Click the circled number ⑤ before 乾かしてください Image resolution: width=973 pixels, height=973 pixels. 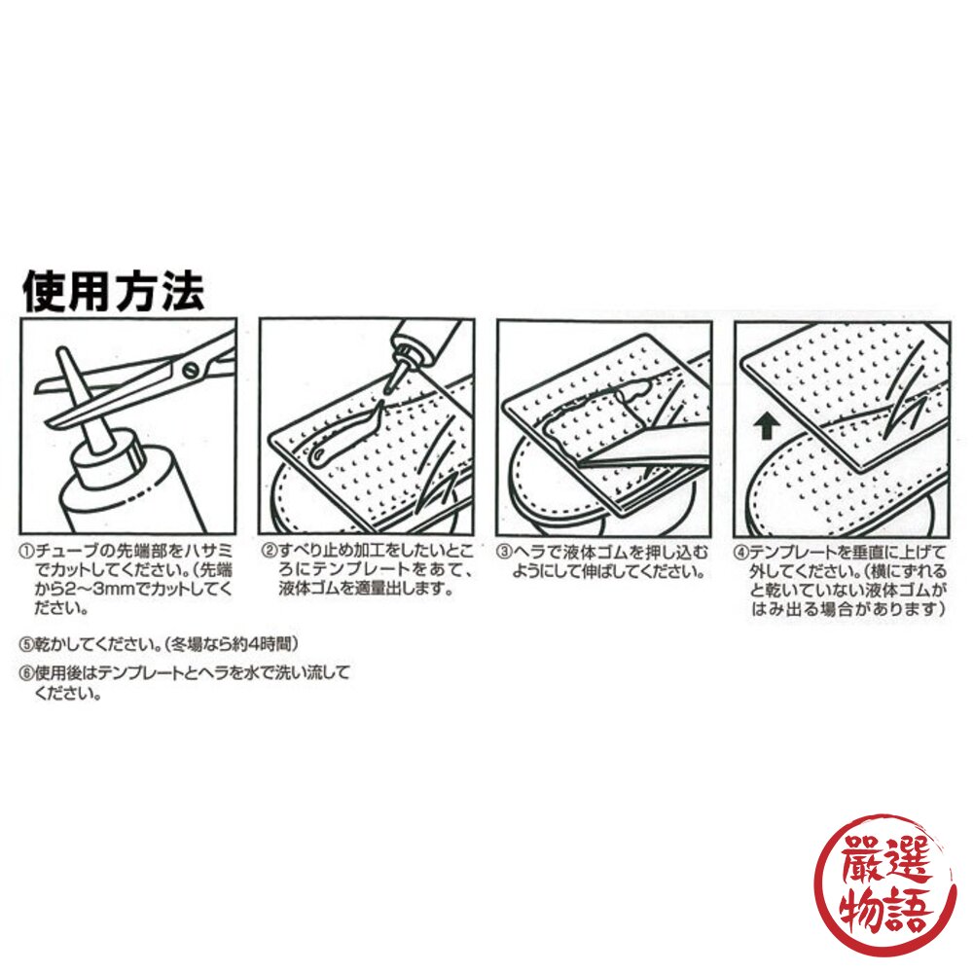point(26,643)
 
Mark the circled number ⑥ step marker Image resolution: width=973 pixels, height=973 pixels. point(26,672)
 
